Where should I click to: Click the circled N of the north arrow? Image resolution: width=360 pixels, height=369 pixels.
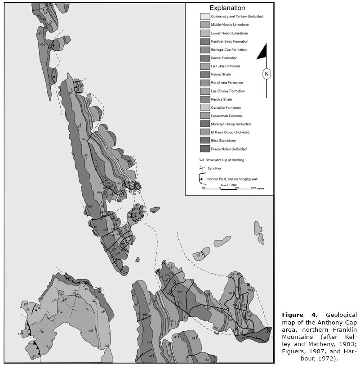pyautogui.click(x=267, y=74)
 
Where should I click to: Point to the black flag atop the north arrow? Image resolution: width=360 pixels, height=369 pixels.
pyautogui.click(x=262, y=52)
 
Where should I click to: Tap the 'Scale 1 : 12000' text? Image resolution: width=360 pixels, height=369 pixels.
pyautogui.click(x=229, y=184)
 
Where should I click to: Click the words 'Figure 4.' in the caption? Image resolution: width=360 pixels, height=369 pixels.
pyautogui.click(x=293, y=315)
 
